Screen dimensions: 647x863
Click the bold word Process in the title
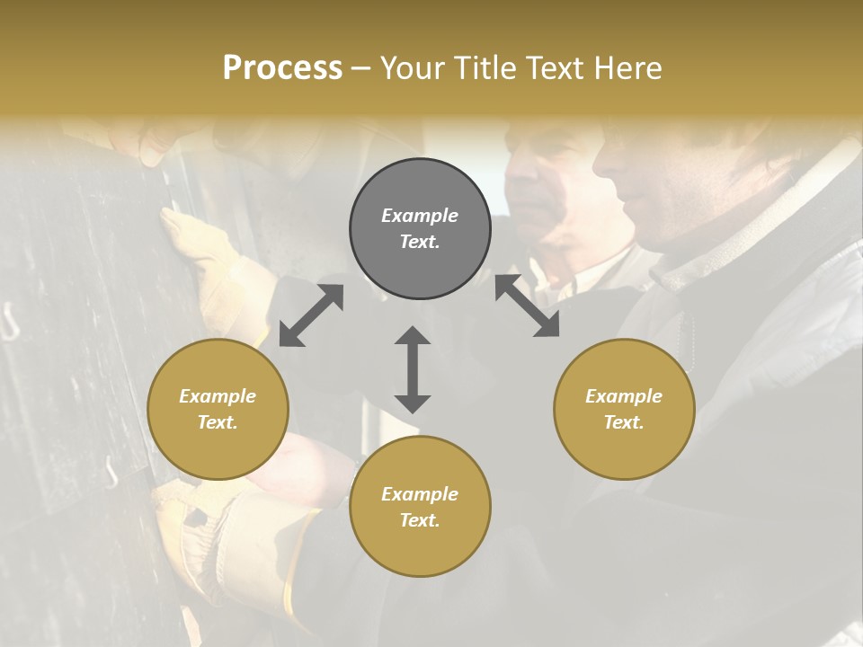click(x=282, y=68)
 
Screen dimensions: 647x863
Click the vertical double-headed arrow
click(x=413, y=369)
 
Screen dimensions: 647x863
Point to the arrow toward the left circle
click(x=311, y=315)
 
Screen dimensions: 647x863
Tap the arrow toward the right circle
click(x=528, y=306)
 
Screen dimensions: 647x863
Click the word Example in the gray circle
click(x=420, y=216)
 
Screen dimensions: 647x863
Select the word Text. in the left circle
click(x=218, y=422)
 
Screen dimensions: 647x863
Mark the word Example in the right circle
click(x=624, y=396)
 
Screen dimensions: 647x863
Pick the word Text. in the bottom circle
click(x=420, y=520)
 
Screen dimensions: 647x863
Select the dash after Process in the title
click(x=360, y=68)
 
